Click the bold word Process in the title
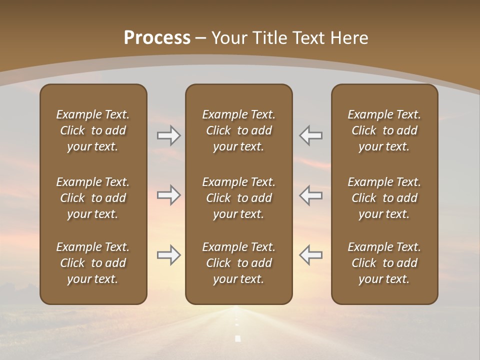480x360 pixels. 157,38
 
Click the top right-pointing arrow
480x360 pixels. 168,135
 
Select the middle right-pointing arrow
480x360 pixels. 168,195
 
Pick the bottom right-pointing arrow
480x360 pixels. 168,255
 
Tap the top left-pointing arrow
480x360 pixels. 311,135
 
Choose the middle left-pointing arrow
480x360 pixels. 311,195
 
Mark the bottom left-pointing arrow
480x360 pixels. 311,255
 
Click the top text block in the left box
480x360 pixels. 93,130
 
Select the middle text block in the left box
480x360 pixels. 93,198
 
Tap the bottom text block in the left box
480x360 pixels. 93,263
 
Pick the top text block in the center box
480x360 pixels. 238,130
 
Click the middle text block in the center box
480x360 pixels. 238,198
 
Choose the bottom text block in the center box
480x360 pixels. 238,263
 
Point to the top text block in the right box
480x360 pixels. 384,130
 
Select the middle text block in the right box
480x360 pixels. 384,198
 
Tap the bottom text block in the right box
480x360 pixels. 384,263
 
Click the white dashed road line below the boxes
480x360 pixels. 237,338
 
